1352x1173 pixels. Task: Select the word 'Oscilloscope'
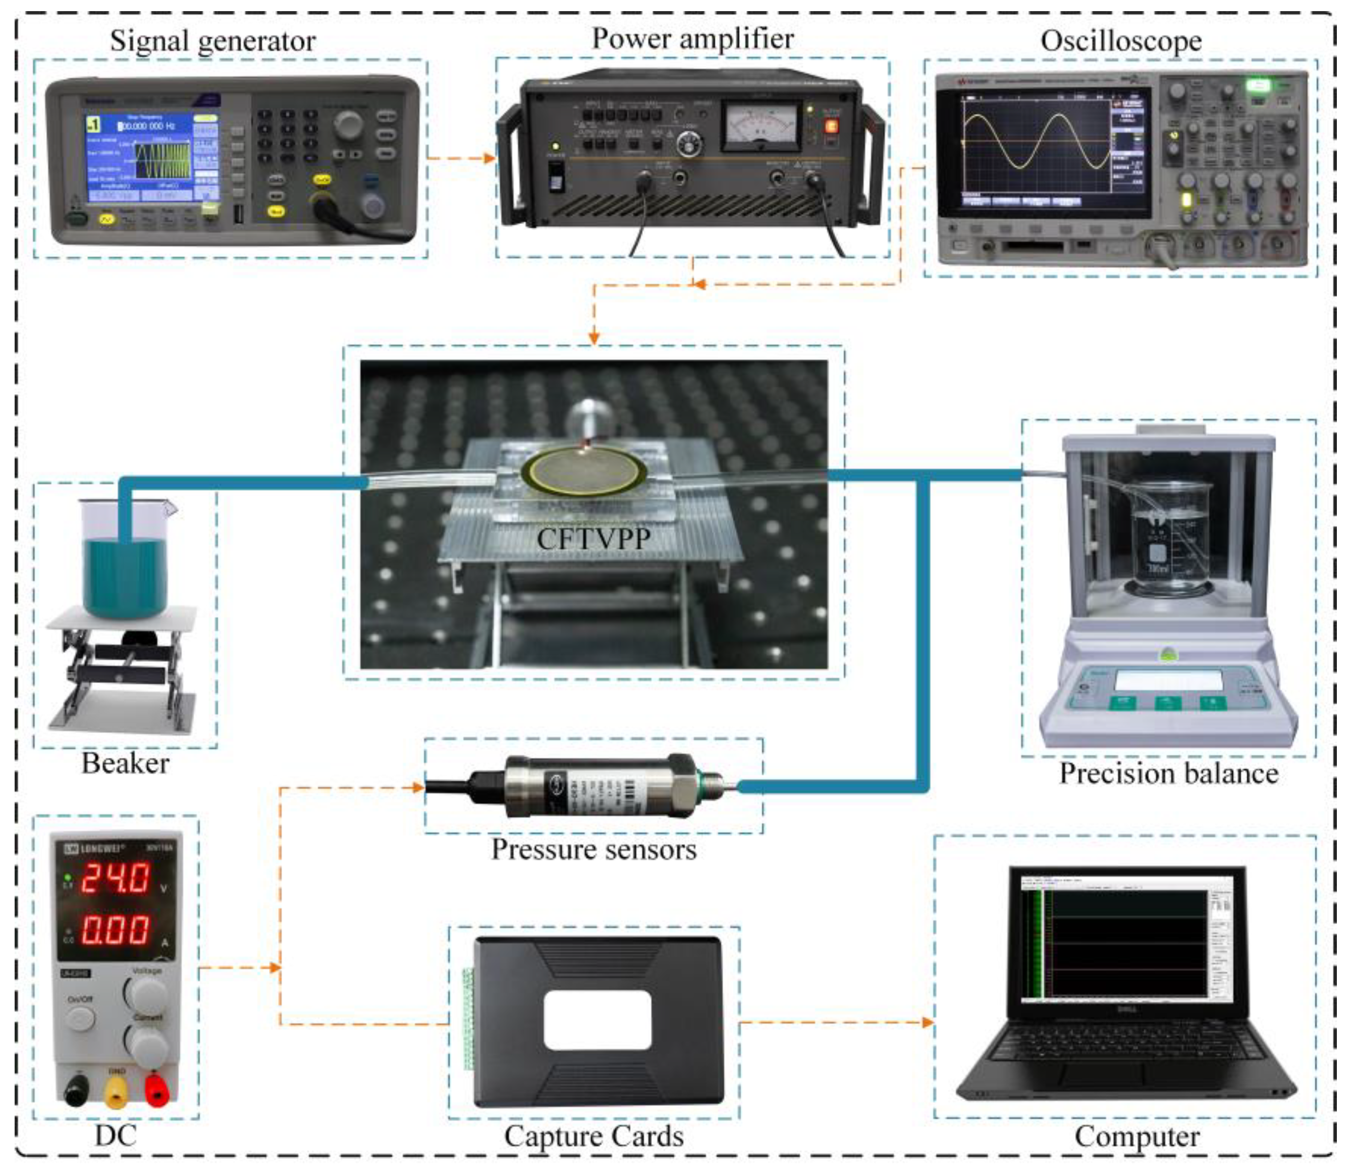1120,40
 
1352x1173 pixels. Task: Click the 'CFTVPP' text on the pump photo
593,539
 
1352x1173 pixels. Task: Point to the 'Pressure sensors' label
593,849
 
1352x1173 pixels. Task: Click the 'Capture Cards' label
593,1136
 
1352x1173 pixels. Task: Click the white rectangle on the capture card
597,1020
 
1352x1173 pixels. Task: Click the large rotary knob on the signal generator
348,123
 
